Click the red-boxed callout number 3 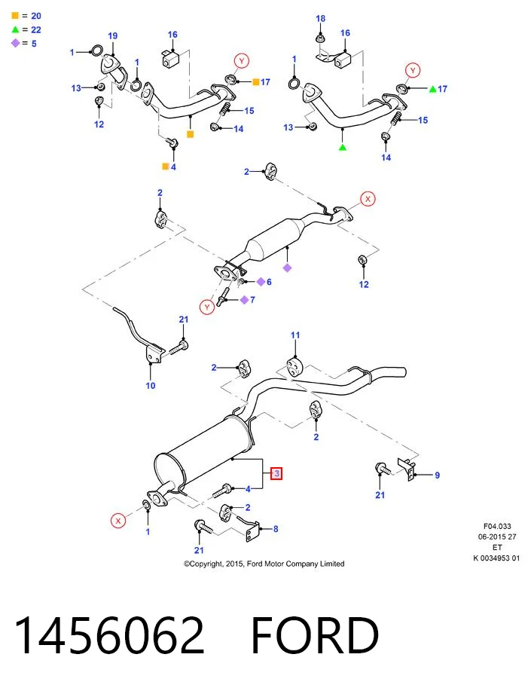(276, 473)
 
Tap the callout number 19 (113, 36)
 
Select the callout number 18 (320, 19)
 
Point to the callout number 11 (295, 335)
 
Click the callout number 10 (151, 386)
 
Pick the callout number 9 (437, 475)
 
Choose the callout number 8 (276, 529)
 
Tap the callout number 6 (269, 282)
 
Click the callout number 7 (252, 300)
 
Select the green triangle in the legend (16, 29)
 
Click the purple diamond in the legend (16, 43)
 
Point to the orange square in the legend (15, 16)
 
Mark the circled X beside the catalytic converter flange (368, 199)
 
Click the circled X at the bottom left (118, 521)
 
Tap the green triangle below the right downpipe (343, 147)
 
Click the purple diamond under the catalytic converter (287, 268)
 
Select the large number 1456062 (110, 635)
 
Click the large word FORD (315, 635)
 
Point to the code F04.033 (497, 526)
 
